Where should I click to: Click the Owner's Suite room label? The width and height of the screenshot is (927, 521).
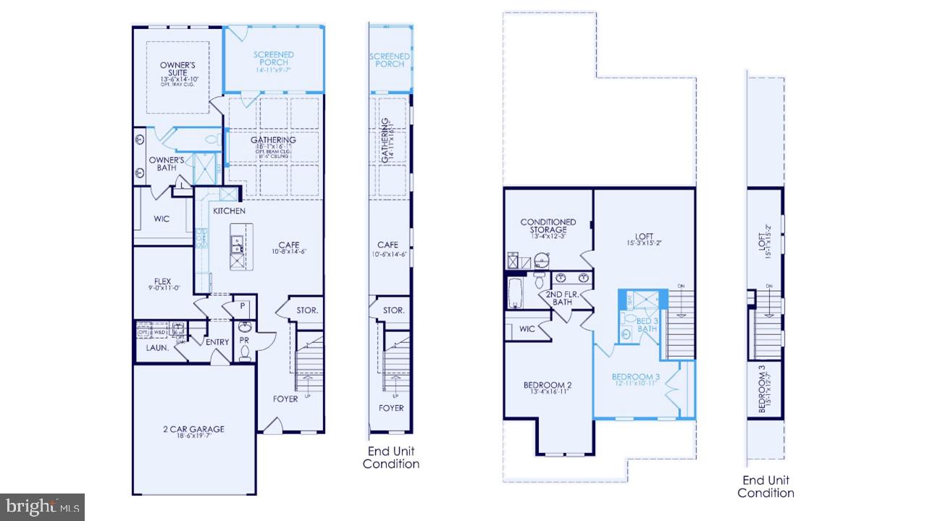coord(174,69)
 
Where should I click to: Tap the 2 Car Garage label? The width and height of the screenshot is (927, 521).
coord(193,429)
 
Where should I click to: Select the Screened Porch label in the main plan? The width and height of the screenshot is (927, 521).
coord(273,59)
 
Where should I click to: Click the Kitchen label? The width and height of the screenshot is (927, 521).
coord(229,211)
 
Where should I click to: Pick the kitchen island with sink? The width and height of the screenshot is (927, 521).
coord(238,247)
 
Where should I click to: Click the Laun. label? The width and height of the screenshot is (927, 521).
coord(157,348)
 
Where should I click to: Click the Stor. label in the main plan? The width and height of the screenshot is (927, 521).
coord(306,310)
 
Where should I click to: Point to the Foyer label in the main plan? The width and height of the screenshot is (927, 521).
coord(285,399)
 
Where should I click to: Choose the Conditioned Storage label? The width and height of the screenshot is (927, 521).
coord(548,226)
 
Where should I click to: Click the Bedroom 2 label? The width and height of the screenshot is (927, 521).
coord(548,385)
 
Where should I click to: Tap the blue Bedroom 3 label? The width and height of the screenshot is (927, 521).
coord(635,377)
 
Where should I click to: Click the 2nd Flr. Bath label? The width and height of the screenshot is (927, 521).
coord(561,297)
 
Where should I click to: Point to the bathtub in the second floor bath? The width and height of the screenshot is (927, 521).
coord(516,294)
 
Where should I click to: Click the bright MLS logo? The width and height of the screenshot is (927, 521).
coord(42,506)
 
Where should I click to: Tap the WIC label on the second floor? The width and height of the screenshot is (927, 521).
coord(527,329)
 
